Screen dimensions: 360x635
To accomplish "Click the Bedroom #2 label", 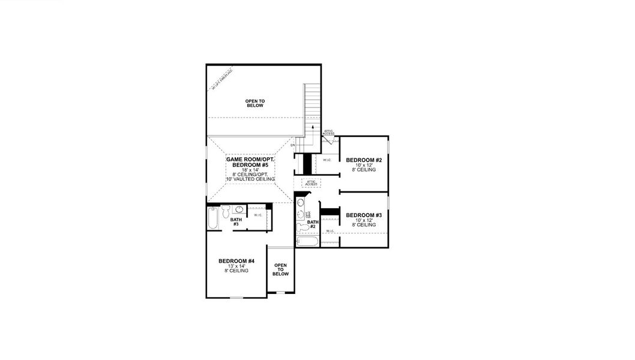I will pos(364,160).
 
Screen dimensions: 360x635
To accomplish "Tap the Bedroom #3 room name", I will pos(364,215).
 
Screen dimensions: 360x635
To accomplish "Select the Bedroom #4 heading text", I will pos(236,260).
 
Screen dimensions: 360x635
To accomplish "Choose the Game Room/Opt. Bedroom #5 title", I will pos(250,161).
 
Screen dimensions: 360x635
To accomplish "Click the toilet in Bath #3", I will pos(225,212).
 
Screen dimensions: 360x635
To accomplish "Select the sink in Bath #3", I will pos(239,209).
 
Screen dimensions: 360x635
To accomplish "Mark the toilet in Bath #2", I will pos(301,226).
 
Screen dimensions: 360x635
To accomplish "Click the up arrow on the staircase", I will pos(312,127).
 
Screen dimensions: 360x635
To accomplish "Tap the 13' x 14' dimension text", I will pos(236,266).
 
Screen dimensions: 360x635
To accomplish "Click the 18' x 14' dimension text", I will pos(250,170).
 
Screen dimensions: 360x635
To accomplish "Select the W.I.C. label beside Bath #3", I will pos(258,215).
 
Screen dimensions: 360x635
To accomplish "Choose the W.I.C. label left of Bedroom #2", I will pos(327,160).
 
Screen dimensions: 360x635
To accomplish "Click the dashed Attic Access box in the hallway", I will pos(311,182).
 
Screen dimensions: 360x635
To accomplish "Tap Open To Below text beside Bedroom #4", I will pos(280,269).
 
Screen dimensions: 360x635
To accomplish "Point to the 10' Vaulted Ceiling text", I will pos(250,179).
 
